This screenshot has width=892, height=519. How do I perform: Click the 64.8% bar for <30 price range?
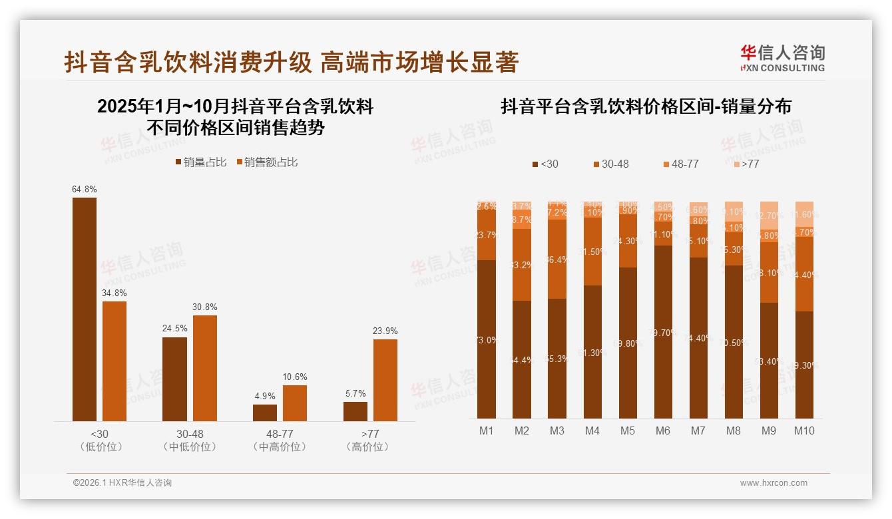(x=85, y=309)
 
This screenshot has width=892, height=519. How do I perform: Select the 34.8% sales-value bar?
(x=114, y=361)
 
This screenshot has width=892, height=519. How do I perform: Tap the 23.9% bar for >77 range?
(x=385, y=380)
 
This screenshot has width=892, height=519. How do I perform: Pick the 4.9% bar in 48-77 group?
(x=265, y=413)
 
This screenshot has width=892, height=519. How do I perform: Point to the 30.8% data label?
(x=205, y=307)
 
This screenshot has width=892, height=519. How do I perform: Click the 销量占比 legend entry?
(x=200, y=162)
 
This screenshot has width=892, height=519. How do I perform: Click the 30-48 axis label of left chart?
(x=190, y=434)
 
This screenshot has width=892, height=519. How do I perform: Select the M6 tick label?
(x=663, y=431)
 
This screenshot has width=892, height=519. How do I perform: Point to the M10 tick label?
(x=804, y=431)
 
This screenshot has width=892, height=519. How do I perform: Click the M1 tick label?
(x=487, y=431)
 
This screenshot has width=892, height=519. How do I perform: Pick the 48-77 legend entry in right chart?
(x=680, y=164)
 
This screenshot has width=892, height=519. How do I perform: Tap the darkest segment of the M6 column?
(x=663, y=332)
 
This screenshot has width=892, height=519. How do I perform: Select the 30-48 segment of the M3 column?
(x=557, y=259)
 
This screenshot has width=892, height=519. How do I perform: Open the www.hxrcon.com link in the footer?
(x=774, y=483)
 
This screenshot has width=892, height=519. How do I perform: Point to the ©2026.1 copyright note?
(x=122, y=483)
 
